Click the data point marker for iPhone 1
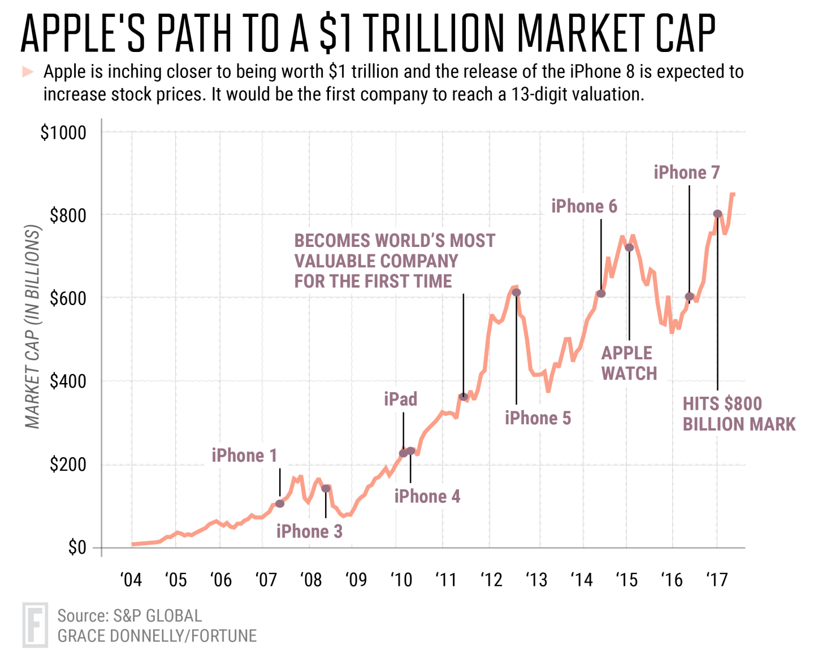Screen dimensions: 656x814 (x=280, y=503)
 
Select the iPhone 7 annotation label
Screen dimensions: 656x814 (x=687, y=172)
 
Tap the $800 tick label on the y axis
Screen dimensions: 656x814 (x=68, y=215)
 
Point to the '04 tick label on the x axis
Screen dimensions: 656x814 (x=131, y=580)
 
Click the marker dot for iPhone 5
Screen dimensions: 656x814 (x=516, y=293)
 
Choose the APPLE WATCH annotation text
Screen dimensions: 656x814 (x=629, y=363)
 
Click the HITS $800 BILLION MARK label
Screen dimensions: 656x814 (x=738, y=414)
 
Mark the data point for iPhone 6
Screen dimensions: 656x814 (x=601, y=293)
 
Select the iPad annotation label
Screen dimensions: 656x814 (x=400, y=399)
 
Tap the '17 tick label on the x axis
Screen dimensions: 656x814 (x=717, y=580)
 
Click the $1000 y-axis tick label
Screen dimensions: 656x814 (x=63, y=133)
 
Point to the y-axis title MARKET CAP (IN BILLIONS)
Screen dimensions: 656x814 (x=33, y=327)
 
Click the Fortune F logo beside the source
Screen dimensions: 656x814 (x=35, y=625)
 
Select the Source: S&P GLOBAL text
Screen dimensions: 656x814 (x=129, y=615)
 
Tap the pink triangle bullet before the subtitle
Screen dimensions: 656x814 (x=28, y=72)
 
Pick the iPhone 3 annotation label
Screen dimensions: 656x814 (x=309, y=532)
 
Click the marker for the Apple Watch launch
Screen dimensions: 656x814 (x=629, y=247)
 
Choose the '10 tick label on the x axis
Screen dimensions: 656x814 (x=401, y=580)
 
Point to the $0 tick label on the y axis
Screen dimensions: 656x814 (x=77, y=548)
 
